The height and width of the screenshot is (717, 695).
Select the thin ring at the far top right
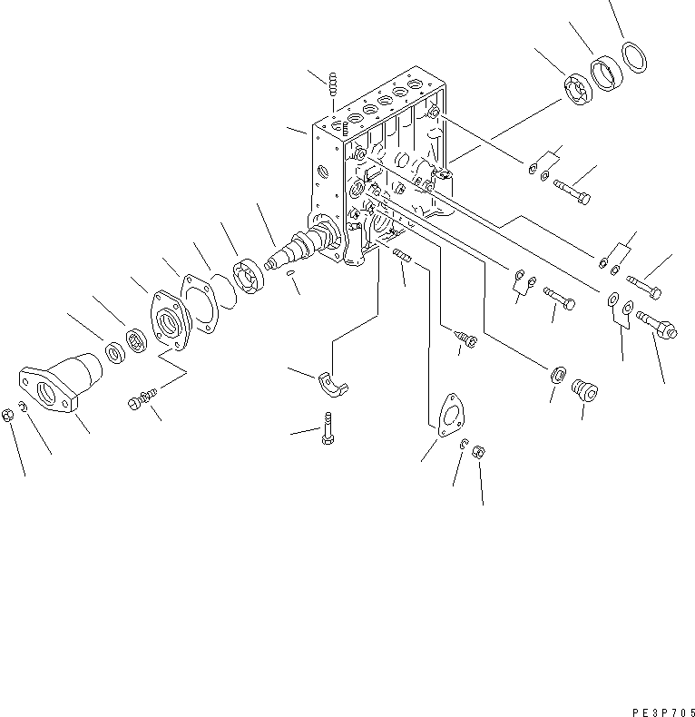pyautogui.click(x=634, y=57)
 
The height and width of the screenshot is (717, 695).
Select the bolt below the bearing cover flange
pyautogui.click(x=143, y=398)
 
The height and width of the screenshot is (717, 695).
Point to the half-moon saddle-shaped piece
pyautogui.click(x=336, y=384)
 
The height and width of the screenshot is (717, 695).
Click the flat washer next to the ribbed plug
pyautogui.click(x=558, y=374)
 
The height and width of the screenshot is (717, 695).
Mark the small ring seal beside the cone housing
pyautogui.click(x=116, y=351)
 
